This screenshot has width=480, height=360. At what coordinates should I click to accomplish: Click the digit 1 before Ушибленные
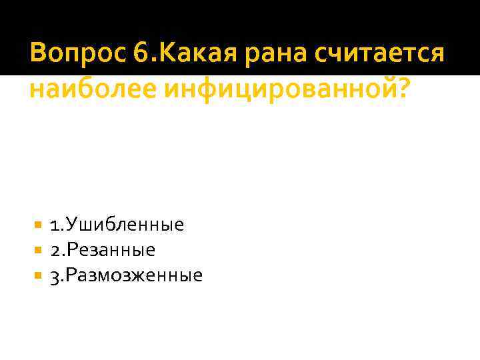53,225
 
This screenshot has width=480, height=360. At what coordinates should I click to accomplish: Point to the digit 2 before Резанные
54,251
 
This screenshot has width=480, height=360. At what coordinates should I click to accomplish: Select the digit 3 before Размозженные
54,275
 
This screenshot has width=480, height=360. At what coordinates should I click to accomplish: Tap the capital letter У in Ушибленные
69,225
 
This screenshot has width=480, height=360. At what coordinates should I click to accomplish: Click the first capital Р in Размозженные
69,275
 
